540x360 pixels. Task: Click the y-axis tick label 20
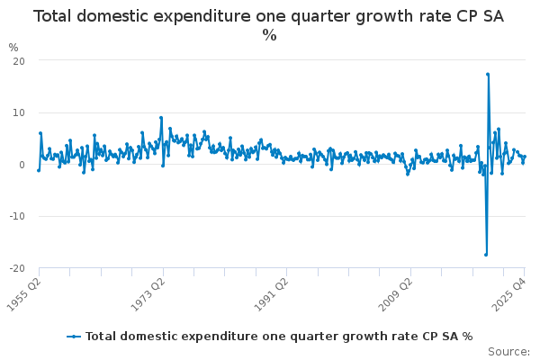tap(17, 60)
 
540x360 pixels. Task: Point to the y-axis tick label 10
tap(17, 112)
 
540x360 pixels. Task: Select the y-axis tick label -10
tap(15, 217)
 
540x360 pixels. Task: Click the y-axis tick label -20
tap(15, 268)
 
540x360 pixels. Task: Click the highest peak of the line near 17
tap(488, 74)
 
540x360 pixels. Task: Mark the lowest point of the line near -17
tap(486, 255)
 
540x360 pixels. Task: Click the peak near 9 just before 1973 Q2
tap(161, 117)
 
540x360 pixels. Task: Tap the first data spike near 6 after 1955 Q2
tap(40, 133)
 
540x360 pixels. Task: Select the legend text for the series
tap(279, 336)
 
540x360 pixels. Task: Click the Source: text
tap(508, 351)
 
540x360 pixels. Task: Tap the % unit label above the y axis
tap(13, 47)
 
